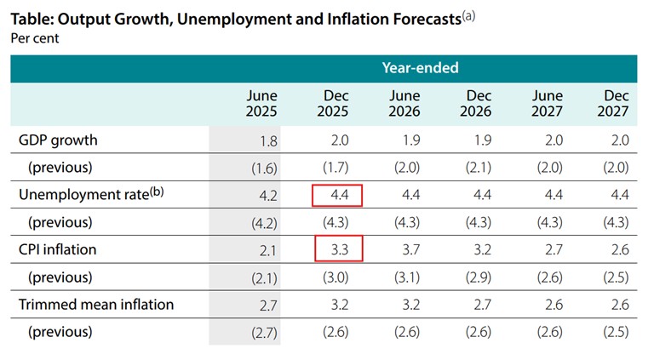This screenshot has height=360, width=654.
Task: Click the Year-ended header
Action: [420, 67]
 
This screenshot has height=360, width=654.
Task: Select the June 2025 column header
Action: [261, 103]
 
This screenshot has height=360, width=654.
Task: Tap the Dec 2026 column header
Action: [476, 103]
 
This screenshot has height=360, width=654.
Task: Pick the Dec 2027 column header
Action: [613, 103]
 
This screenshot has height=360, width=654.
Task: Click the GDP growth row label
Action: [58, 140]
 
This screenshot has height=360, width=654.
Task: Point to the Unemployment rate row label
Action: [91, 194]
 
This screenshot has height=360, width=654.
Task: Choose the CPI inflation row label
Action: [58, 249]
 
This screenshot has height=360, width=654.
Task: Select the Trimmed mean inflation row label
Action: [96, 305]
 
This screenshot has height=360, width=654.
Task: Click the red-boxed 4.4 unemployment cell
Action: [337, 195]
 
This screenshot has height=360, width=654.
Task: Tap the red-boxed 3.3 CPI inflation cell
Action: [339, 249]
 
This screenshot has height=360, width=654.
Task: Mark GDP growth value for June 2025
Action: [268, 141]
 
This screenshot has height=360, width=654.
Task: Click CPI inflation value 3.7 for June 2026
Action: [411, 249]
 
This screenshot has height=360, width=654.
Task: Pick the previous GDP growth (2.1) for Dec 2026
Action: [479, 168]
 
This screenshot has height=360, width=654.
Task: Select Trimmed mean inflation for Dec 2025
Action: [340, 305]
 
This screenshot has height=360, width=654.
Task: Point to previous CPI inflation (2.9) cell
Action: [479, 277]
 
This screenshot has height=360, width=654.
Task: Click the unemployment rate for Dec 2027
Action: [620, 195]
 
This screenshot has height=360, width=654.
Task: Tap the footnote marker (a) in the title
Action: [469, 16]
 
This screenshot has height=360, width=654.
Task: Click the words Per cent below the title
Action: [35, 38]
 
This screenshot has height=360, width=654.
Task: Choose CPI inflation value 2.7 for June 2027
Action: [554, 249]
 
